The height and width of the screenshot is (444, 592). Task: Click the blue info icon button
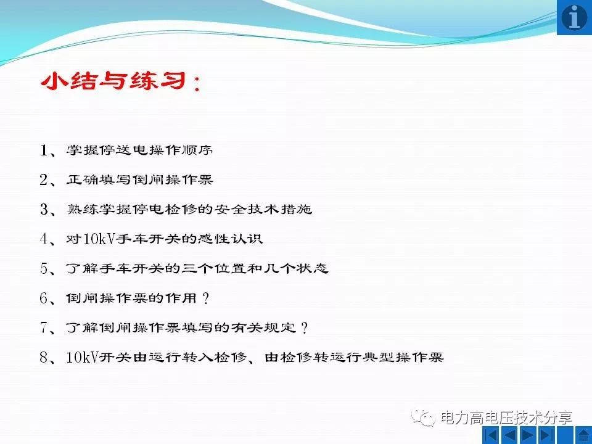click(574, 17)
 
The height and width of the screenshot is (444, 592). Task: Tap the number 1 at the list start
click(44, 150)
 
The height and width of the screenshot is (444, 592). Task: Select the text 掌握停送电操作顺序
click(140, 150)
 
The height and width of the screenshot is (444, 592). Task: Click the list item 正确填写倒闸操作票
click(140, 179)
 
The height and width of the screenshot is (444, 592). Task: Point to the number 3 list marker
click(44, 209)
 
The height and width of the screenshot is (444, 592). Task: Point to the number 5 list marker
click(44, 268)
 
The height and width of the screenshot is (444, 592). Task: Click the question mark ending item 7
click(305, 327)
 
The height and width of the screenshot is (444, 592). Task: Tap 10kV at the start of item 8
click(83, 357)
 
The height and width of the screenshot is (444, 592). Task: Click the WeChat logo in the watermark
click(424, 417)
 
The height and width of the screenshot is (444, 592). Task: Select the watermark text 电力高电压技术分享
click(506, 417)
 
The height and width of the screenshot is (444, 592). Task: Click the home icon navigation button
click(584, 435)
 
